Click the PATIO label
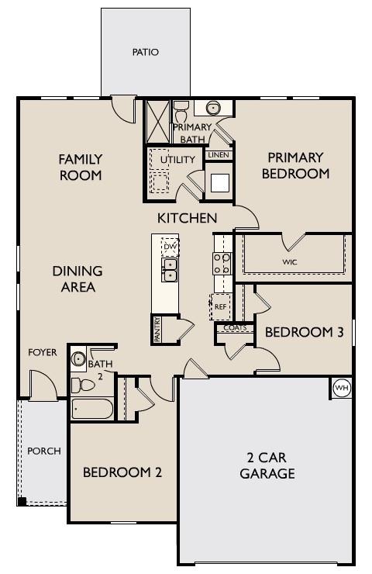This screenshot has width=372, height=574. click(145, 53)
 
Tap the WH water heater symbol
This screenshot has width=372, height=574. click(340, 386)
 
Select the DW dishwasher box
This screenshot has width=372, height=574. click(170, 247)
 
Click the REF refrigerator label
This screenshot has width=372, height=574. click(221, 306)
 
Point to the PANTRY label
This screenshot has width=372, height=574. click(157, 329)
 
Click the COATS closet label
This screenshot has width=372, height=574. click(235, 328)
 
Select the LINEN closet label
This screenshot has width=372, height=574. click(216, 155)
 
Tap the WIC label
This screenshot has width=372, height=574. click(290, 261)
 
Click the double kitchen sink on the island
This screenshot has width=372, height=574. click(170, 270)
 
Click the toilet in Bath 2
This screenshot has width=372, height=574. click(81, 384)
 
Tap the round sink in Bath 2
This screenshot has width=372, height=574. click(78, 358)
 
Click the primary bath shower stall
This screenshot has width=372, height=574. click(158, 119)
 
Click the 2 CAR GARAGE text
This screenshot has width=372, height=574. click(267, 466)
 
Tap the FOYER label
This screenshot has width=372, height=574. click(43, 352)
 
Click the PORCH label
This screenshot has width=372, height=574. click(43, 451)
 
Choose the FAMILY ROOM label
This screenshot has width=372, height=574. click(81, 167)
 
